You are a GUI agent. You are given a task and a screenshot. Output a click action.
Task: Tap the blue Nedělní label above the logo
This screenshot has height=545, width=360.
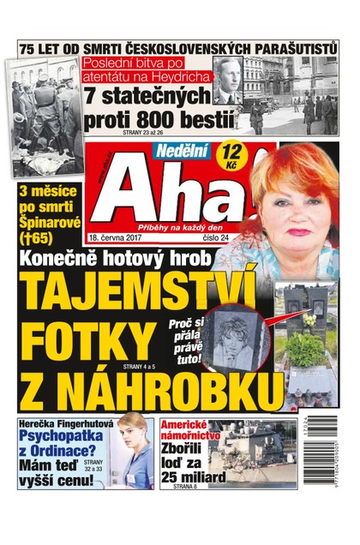182,153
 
